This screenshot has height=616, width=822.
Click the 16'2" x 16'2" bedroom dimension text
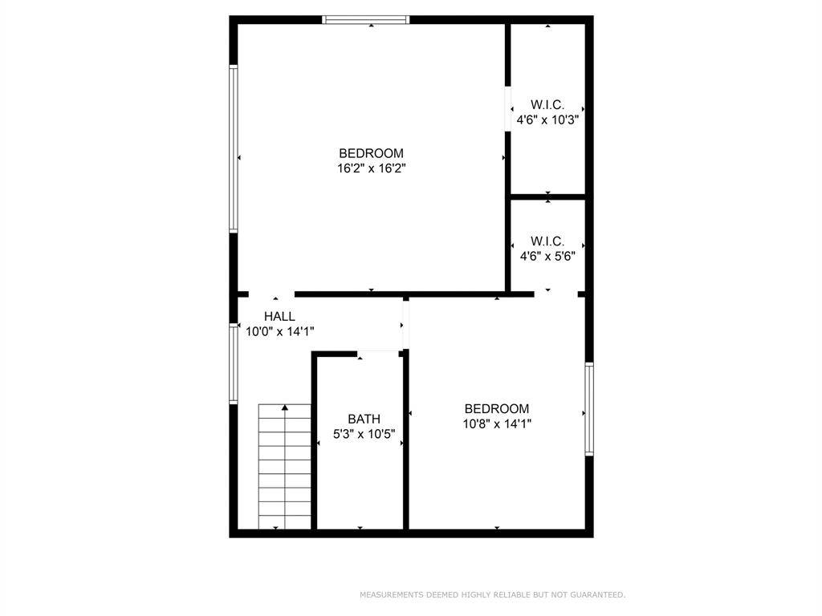[x=372, y=168]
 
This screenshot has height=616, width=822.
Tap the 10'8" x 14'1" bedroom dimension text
[x=497, y=423]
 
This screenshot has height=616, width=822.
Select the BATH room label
[x=364, y=419]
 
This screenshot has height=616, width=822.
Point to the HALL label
[x=279, y=316]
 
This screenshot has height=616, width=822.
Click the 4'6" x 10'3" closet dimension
[x=547, y=120]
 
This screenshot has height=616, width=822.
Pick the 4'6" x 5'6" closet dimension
[x=547, y=256]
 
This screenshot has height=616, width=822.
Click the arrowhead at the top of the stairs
[x=285, y=407]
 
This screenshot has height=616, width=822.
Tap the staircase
[x=285, y=467]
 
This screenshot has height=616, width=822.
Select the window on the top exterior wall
[x=366, y=20]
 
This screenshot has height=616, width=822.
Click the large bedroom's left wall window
[x=234, y=148]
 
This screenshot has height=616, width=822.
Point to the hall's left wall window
[x=234, y=363]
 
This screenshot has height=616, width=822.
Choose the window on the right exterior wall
[x=589, y=408]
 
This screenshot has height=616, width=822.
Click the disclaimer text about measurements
[x=492, y=594]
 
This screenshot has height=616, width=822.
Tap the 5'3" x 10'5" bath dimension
[x=364, y=434]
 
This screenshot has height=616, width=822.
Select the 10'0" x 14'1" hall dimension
[x=280, y=331]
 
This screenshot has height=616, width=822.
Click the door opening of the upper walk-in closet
[x=507, y=108]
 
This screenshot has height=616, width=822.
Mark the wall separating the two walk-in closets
[x=547, y=197]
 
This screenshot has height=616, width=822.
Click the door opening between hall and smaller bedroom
[x=405, y=325]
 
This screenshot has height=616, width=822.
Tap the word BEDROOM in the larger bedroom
[x=371, y=153]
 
